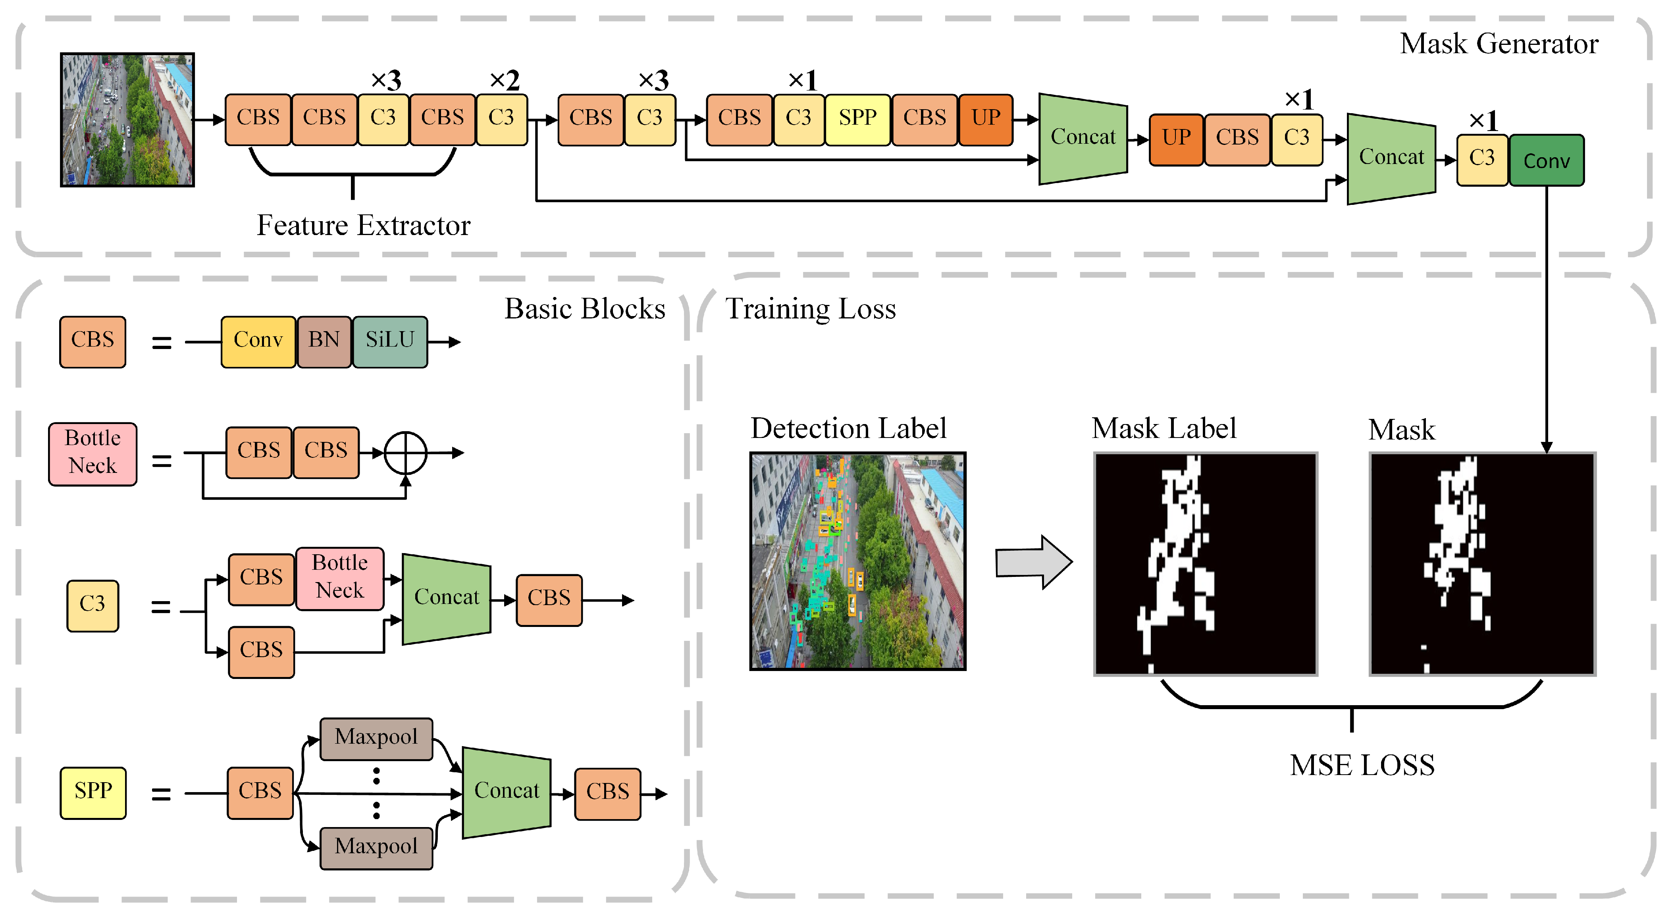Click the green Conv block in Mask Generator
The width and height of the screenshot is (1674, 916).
coord(1546,160)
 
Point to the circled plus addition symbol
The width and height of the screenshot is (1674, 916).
coord(406,453)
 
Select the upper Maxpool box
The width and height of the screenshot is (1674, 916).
coord(376,738)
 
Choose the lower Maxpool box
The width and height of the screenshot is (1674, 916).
coord(376,847)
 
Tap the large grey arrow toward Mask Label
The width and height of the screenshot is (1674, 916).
coord(1033,562)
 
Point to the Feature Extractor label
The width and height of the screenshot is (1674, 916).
coord(363,226)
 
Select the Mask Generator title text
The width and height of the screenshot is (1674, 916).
coord(1499,44)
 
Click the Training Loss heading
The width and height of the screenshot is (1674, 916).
coord(810,309)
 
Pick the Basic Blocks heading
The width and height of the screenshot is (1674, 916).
coord(585,309)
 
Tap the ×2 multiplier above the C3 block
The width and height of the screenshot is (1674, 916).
coord(504,81)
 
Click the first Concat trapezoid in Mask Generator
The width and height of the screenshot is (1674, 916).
coord(1083,138)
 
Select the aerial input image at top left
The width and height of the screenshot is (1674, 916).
coord(127,120)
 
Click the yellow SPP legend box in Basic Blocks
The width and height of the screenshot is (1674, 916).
coord(93,792)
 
